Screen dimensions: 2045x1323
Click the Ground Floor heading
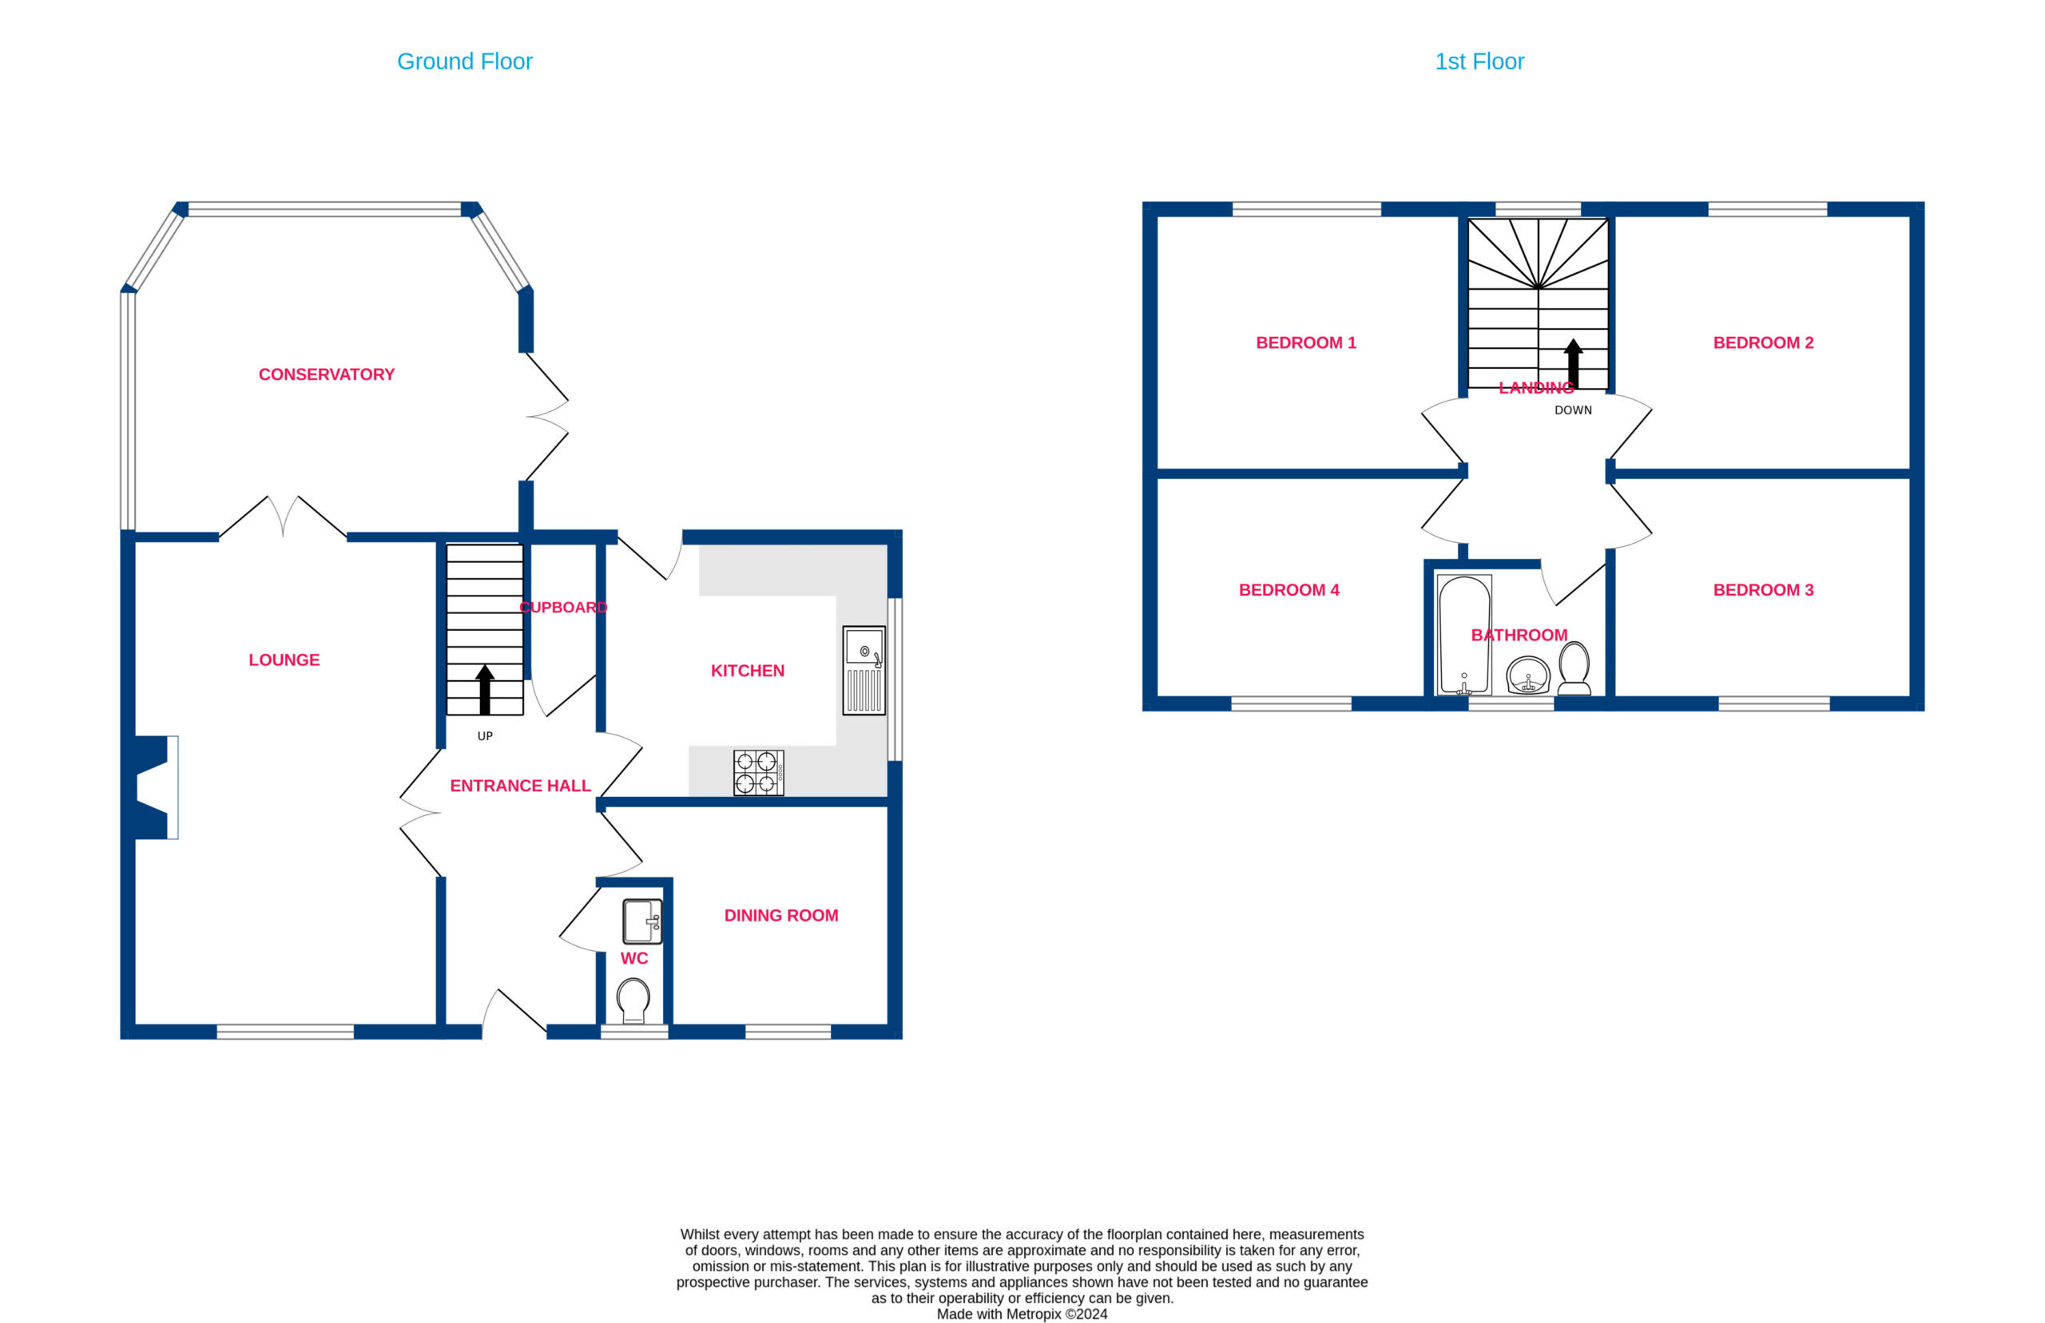point(464,61)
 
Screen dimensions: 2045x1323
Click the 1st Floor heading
point(1479,61)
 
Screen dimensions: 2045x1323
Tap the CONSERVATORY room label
point(327,374)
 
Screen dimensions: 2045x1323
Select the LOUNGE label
point(284,660)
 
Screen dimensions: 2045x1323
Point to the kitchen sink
point(864,670)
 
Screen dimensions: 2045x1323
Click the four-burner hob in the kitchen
point(759,772)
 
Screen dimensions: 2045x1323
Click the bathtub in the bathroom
point(1464,635)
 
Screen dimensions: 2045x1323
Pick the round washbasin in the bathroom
point(1527,675)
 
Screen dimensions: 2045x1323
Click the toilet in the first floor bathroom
point(1574,668)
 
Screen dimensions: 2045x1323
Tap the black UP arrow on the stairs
point(485,690)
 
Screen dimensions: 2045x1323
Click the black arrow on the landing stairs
point(1573,363)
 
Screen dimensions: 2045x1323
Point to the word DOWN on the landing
point(1573,410)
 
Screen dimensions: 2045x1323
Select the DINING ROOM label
point(781,916)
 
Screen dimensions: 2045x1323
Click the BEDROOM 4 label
point(1289,590)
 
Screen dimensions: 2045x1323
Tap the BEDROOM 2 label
point(1763,343)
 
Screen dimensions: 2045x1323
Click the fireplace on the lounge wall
point(157,788)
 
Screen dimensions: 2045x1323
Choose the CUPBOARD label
point(564,608)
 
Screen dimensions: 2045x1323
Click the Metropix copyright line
point(1022,1314)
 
